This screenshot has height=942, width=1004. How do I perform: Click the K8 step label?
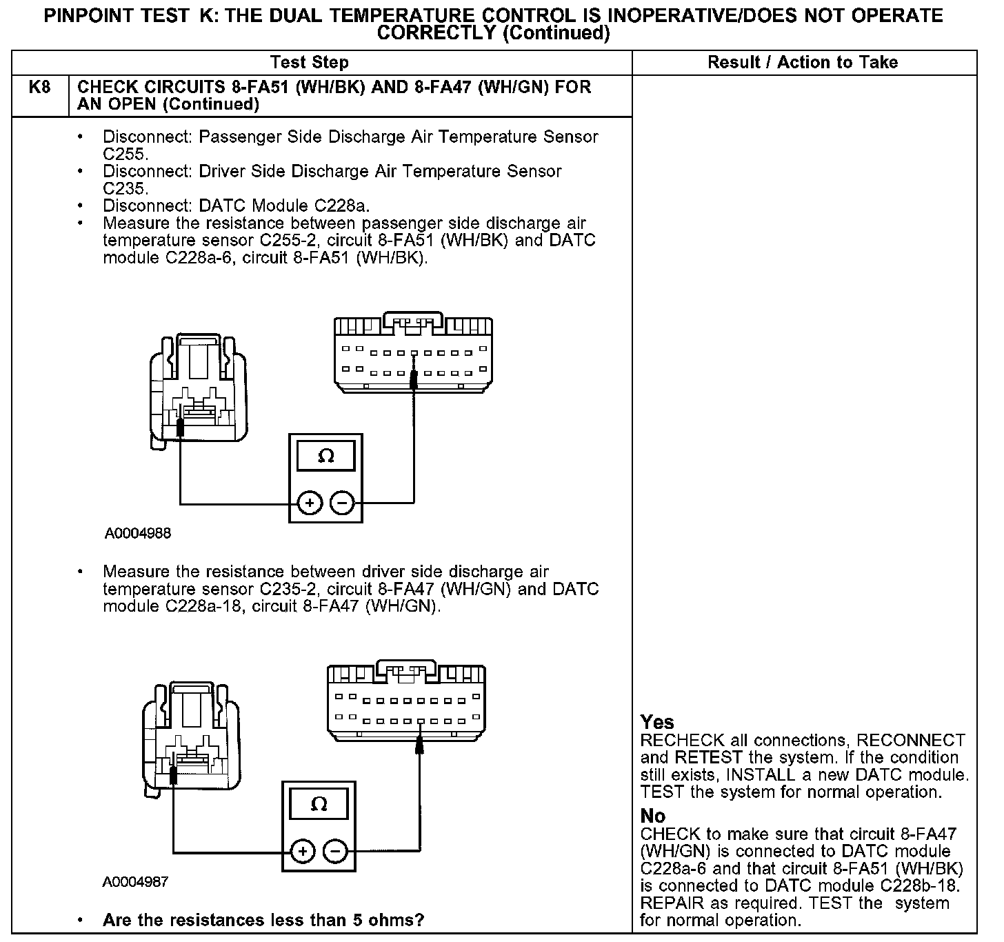pos(39,88)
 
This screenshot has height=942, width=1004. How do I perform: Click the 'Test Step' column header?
pos(310,63)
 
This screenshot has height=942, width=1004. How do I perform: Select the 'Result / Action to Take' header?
pos(803,63)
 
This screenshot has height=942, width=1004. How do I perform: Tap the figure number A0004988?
pos(138,533)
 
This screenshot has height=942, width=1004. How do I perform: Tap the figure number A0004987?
pos(135,882)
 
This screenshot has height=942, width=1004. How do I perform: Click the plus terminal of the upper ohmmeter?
pos(310,503)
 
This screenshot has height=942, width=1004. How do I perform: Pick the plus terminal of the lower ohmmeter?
pos(303,852)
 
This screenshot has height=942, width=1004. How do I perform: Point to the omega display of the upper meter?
pos(325,456)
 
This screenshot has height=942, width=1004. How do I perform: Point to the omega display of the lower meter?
pos(319,804)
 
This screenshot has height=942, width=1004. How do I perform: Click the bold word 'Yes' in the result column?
pos(656,722)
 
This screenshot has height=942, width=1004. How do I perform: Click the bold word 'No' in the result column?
pos(652,816)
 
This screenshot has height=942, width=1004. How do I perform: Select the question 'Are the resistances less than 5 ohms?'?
pos(263,920)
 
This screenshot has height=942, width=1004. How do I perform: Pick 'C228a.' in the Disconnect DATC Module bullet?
pos(343,206)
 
